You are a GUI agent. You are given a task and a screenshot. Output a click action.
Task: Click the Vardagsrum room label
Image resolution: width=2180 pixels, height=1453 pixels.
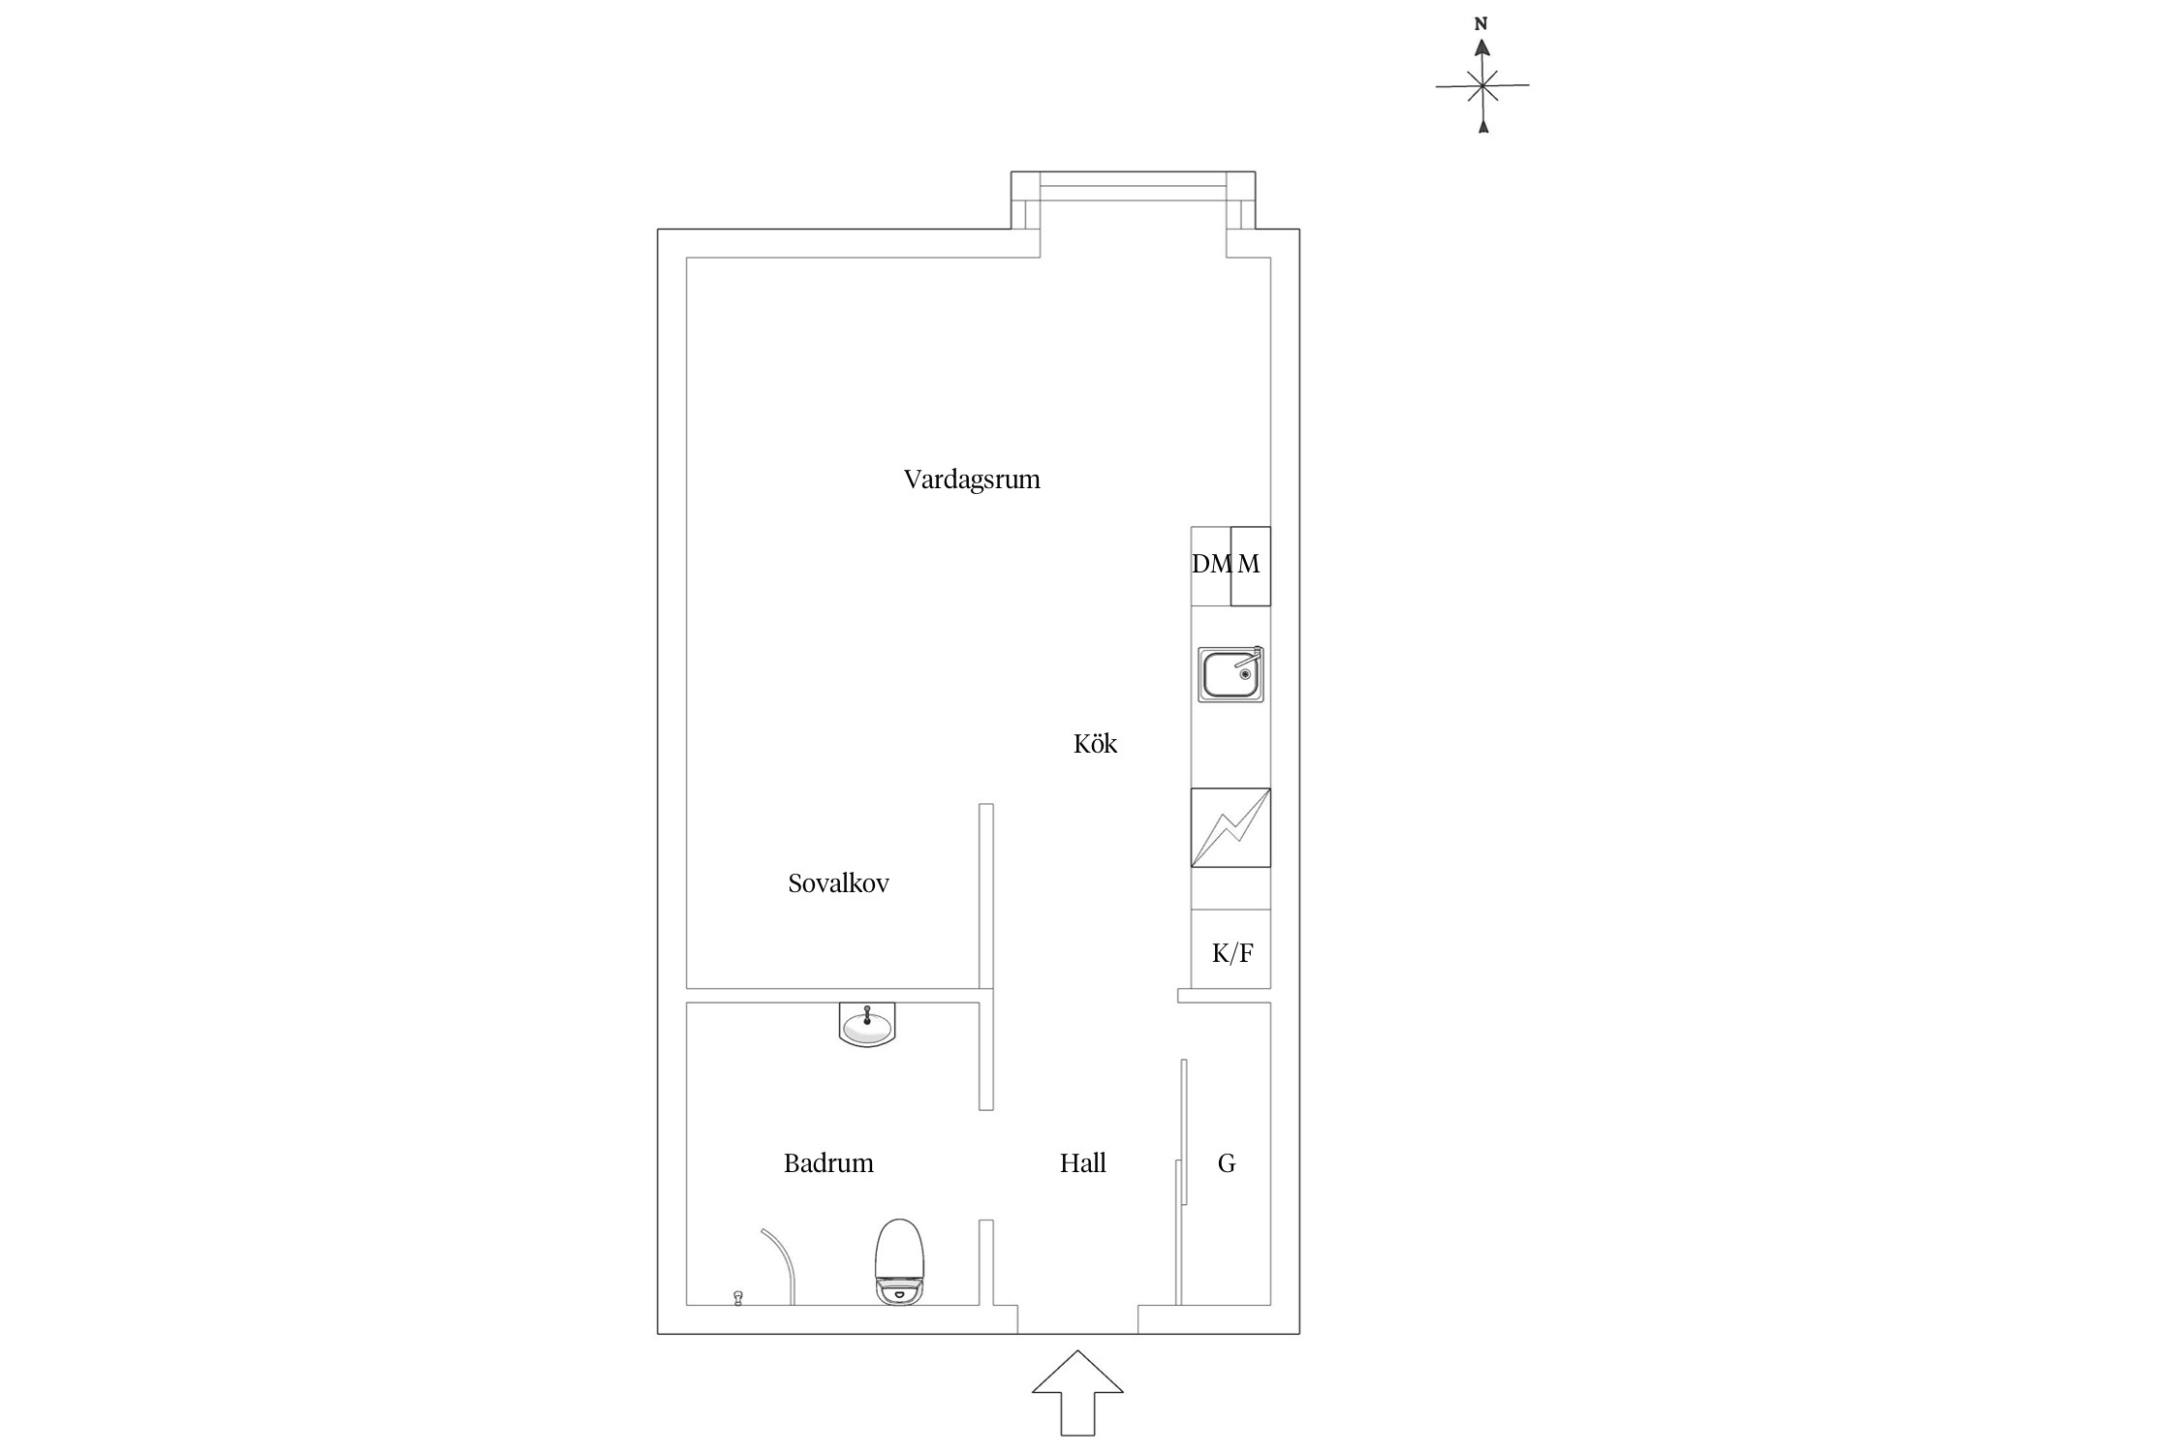(x=972, y=479)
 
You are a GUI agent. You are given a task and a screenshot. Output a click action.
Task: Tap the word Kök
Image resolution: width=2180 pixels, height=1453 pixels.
(x=1095, y=744)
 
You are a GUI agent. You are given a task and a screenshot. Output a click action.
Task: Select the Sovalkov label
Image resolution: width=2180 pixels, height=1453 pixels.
(x=838, y=883)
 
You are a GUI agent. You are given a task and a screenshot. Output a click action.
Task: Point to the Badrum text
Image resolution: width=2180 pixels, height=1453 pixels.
(x=828, y=1163)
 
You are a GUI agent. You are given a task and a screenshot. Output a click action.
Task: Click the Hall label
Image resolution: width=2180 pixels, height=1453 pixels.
(x=1082, y=1163)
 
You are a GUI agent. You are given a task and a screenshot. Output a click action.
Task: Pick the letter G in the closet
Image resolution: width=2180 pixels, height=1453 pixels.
(x=1227, y=1163)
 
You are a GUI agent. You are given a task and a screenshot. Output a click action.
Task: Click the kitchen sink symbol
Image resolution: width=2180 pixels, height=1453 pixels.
(x=1230, y=674)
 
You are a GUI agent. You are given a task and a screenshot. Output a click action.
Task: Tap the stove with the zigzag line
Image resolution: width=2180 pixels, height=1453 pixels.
(x=1230, y=827)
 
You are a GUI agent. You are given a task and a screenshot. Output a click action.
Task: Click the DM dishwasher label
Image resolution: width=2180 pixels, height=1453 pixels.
(x=1210, y=564)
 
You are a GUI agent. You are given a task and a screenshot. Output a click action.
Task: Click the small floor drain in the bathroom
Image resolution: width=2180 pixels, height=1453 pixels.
(x=738, y=1297)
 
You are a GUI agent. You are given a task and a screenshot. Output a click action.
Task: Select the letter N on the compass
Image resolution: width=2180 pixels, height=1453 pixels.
(x=1480, y=24)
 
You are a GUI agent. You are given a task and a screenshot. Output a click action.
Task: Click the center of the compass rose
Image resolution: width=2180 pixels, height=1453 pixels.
(x=1481, y=86)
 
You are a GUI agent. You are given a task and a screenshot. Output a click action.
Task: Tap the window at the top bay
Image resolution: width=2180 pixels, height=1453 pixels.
(x=1133, y=186)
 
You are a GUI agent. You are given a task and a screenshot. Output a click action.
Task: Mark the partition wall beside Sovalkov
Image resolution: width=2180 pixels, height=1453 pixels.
(x=986, y=896)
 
